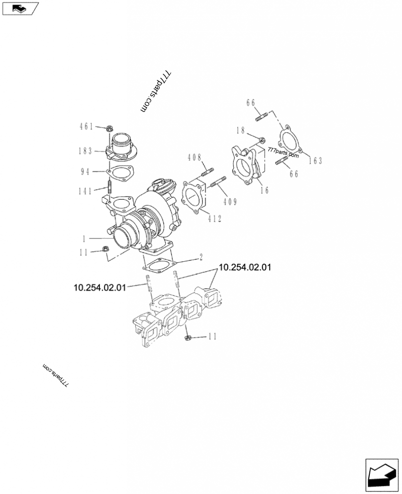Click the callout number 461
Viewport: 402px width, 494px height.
[86, 127]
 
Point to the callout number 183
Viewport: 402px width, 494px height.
[86, 150]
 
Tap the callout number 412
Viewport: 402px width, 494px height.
[214, 218]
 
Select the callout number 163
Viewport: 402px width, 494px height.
[315, 161]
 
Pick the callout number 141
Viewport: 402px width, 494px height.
[86, 191]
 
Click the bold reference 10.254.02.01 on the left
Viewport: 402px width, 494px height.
[99, 287]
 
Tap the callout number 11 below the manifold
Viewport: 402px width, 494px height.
[213, 337]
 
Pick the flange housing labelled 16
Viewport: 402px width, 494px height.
[247, 166]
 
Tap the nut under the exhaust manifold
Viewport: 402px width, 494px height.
[187, 338]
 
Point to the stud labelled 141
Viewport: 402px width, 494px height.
[109, 191]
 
